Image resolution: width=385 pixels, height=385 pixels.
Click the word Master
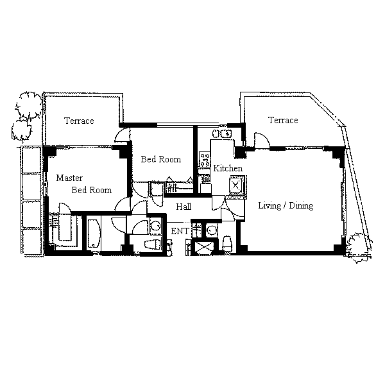point(69,178)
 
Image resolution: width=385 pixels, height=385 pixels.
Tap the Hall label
point(184,207)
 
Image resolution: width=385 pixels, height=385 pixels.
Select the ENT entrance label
point(180,231)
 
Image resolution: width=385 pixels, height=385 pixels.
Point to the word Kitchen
point(228,168)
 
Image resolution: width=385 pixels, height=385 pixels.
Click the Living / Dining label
point(286,205)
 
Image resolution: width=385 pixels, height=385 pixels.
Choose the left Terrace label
point(79,121)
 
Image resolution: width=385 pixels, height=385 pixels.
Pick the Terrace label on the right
point(283,120)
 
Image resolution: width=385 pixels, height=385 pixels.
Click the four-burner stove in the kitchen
point(205,159)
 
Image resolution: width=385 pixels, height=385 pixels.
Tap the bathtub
point(94,234)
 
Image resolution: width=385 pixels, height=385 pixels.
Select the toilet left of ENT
point(152,244)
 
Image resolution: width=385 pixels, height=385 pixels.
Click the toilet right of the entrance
point(227,244)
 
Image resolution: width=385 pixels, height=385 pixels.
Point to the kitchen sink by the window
point(223,133)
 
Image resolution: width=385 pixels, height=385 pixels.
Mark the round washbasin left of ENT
point(155,225)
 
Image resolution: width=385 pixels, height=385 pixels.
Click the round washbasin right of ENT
point(212,230)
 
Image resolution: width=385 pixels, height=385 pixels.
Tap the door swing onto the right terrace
point(262,141)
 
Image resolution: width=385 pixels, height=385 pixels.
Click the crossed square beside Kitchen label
point(235,185)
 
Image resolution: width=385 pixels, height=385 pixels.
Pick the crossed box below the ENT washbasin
point(203,248)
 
